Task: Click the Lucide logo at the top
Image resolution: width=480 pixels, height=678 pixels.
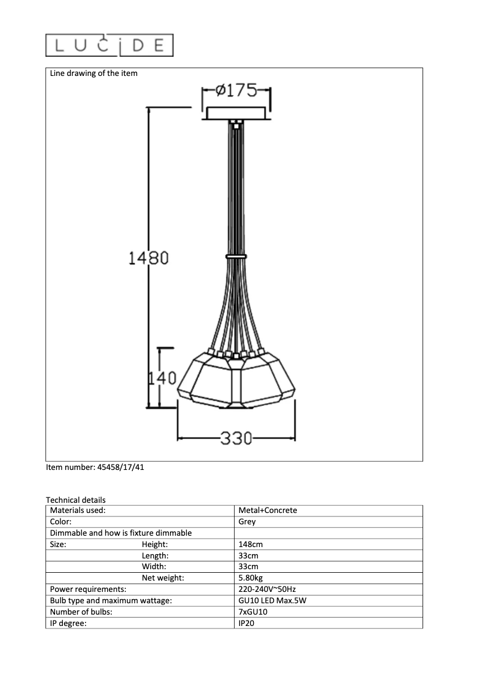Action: [110, 45]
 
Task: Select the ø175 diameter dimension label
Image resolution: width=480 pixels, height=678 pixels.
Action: [235, 90]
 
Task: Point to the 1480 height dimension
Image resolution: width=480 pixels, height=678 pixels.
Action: [148, 258]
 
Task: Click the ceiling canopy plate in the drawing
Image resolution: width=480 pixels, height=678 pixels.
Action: [236, 113]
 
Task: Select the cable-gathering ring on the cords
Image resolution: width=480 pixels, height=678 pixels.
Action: [236, 256]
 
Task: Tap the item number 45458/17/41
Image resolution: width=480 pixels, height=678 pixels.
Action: [95, 468]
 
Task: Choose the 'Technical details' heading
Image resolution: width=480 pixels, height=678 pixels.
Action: [75, 500]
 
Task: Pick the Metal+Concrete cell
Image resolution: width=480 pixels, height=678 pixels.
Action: [268, 511]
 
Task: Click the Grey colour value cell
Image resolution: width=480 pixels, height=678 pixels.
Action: [247, 521]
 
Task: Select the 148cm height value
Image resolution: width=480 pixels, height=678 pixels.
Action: [251, 544]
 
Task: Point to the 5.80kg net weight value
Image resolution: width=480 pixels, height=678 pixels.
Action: [251, 578]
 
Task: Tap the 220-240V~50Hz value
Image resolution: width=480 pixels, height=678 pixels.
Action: [266, 589]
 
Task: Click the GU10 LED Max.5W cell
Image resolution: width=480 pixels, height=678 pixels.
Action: [272, 600]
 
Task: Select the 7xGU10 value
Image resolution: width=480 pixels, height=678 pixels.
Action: [254, 612]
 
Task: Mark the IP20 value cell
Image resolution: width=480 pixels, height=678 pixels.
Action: [247, 623]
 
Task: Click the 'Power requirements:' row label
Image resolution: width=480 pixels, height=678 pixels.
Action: [88, 589]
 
